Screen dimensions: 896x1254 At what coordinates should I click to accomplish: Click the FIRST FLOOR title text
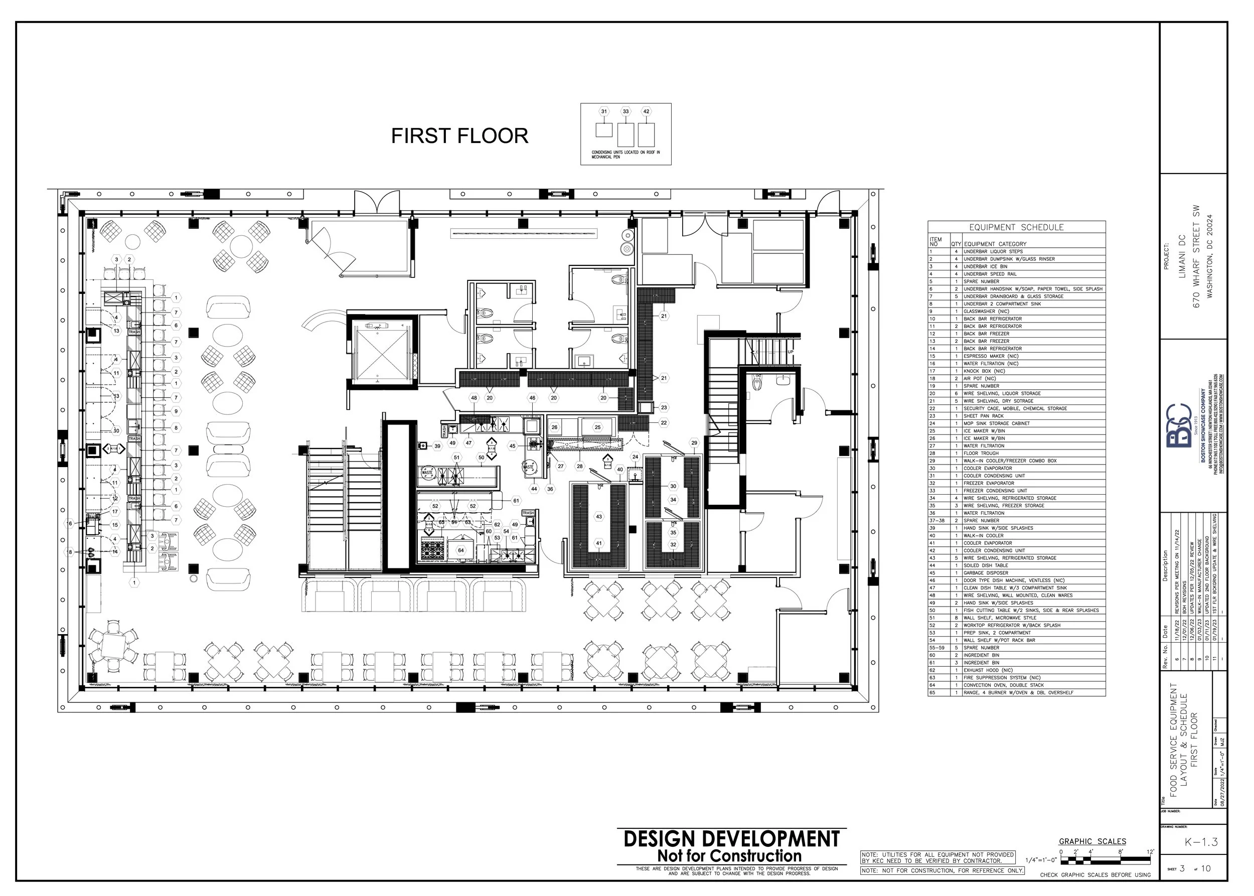pos(459,136)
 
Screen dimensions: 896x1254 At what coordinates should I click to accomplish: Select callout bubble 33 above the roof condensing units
pos(625,111)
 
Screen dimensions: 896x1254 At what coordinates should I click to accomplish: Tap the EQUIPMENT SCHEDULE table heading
pos(1016,227)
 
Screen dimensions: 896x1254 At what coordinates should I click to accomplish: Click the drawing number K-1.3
pos(1201,842)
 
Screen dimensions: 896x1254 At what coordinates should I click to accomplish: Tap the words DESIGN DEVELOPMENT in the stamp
pos(731,839)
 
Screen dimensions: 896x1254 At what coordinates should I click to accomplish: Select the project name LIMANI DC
pos(1181,265)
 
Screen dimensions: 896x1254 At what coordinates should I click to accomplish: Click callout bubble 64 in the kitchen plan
pos(460,550)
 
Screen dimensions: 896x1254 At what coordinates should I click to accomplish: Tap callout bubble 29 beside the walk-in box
pos(694,443)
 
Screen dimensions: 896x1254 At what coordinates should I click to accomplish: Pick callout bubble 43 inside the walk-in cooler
pos(599,517)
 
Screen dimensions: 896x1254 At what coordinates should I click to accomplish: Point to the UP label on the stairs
pos(791,352)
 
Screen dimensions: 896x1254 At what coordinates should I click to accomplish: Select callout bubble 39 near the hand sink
pos(437,446)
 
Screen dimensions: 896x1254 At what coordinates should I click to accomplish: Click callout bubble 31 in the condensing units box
pos(604,111)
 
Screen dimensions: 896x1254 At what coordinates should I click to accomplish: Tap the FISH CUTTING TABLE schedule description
pos(1031,610)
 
